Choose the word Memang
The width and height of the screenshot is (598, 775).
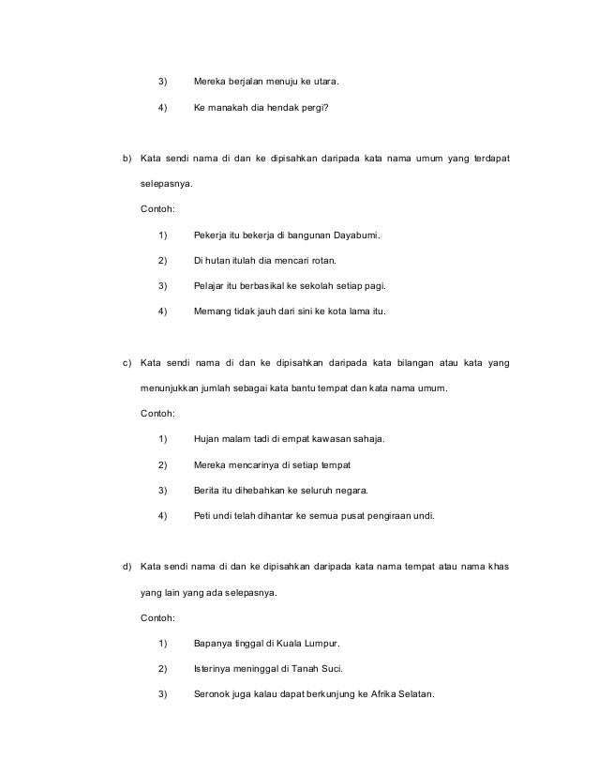tap(211, 311)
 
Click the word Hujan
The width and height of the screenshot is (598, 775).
tap(207, 438)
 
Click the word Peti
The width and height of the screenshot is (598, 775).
tap(202, 515)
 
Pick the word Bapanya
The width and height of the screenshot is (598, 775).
tap(214, 643)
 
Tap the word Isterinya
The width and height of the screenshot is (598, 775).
tap(215, 669)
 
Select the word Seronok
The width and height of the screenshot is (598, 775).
tap(215, 694)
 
